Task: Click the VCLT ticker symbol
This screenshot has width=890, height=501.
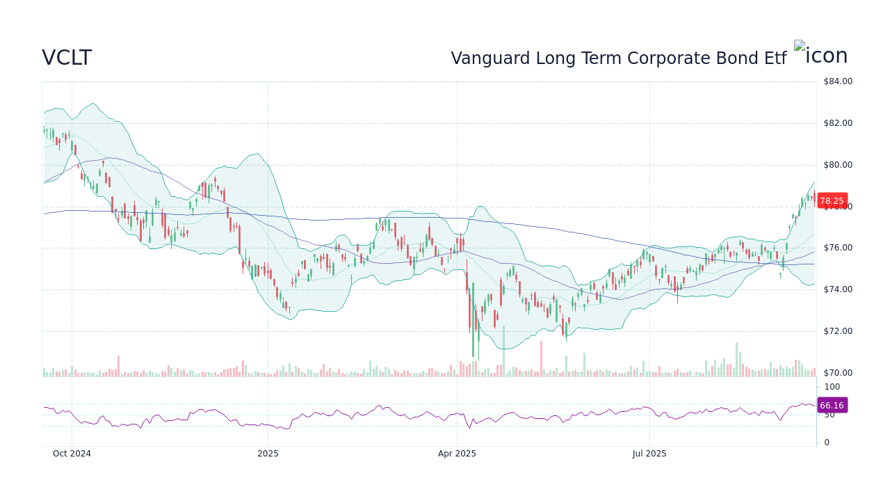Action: point(67,58)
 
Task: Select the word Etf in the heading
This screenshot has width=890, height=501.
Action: point(773,58)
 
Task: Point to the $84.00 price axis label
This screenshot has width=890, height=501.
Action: point(837,81)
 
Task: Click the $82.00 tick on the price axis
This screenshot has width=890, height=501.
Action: point(837,123)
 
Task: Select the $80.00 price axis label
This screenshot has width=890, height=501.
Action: point(837,165)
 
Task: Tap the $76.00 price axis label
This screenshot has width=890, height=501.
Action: point(837,248)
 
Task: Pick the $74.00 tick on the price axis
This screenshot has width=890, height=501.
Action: point(837,289)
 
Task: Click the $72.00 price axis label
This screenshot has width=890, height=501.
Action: point(837,331)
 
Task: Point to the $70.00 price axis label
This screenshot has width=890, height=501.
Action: point(837,373)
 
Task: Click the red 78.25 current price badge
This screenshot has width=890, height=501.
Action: point(832,201)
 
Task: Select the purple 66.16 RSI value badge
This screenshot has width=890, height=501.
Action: point(832,406)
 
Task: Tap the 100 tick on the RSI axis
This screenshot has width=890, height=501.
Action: point(832,387)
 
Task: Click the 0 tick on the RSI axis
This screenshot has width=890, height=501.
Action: point(827,443)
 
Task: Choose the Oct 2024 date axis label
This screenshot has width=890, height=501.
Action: point(72,454)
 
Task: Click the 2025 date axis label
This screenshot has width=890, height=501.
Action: point(268,454)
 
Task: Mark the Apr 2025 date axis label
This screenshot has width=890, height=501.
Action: point(457,454)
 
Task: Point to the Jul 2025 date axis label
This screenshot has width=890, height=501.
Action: point(649,454)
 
